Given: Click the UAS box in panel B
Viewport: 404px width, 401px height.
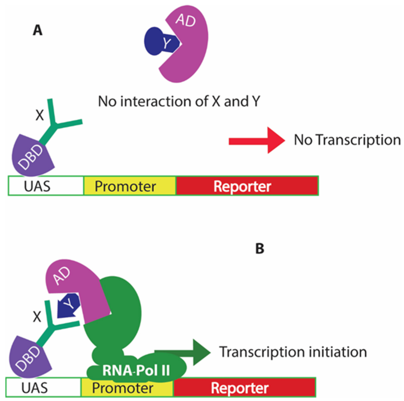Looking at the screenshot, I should tap(44, 388).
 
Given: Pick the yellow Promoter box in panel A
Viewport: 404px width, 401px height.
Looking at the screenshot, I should tap(130, 186).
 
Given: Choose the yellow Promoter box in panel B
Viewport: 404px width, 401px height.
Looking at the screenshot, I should tap(127, 388).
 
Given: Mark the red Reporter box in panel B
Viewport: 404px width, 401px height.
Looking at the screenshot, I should tap(244, 388).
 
